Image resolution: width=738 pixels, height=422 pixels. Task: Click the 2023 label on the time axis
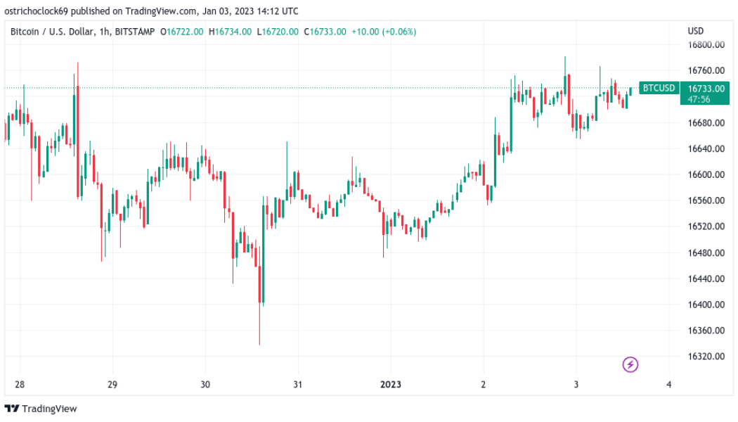[391, 385]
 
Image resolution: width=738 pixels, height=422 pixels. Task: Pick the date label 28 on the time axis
[20, 385]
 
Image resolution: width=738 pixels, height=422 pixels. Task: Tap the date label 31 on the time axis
[297, 385]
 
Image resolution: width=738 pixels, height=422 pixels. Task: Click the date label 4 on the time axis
[669, 385]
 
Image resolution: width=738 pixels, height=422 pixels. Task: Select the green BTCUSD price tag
[659, 88]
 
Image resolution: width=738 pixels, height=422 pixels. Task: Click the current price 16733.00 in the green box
[706, 89]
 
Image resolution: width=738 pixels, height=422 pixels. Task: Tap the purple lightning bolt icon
[630, 364]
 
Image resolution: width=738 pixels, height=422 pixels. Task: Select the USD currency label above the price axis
[696, 31]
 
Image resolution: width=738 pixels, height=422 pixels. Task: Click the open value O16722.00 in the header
[182, 32]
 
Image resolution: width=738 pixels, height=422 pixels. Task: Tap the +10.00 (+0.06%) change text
[384, 32]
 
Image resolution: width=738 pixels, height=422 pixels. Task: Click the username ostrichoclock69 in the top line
[38, 11]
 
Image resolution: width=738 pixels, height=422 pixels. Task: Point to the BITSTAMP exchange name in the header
[133, 32]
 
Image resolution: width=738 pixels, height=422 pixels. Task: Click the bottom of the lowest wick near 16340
[259, 344]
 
